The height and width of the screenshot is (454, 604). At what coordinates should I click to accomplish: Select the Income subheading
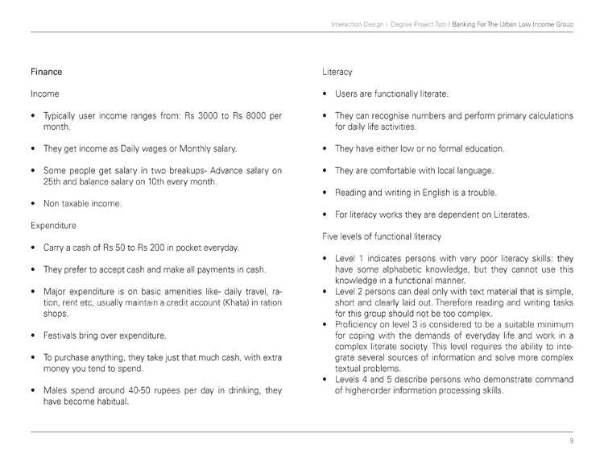coord(44,94)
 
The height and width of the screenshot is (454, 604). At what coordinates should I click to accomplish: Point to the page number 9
coord(570,442)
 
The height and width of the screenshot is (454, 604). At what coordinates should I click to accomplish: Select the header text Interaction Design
coord(357,25)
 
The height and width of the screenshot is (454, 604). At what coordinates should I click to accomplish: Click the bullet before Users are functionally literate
coord(324,94)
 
